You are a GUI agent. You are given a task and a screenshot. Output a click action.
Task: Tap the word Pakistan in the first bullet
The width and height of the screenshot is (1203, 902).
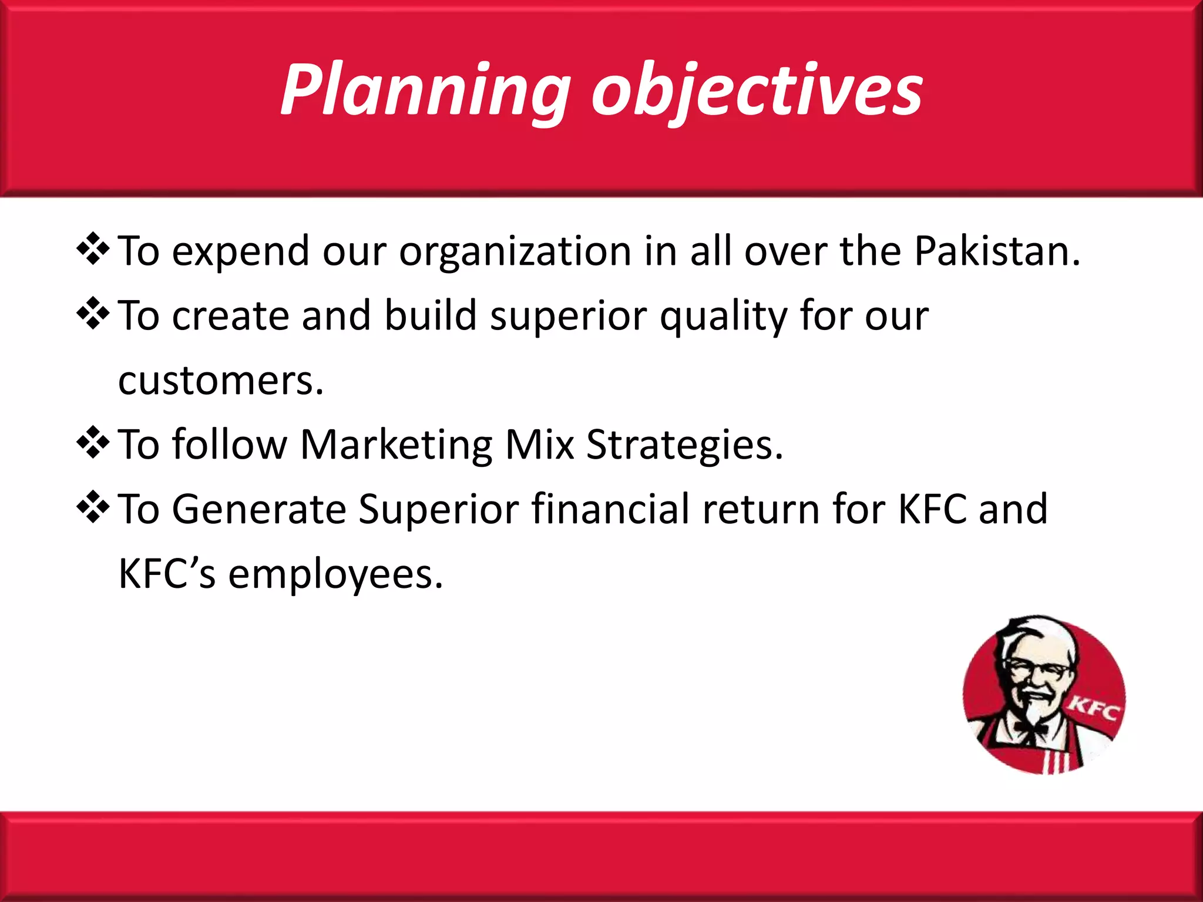[996, 251]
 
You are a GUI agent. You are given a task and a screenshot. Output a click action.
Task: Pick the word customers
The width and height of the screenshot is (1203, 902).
[220, 381]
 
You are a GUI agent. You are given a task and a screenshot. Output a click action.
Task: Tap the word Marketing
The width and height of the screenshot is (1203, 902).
[396, 445]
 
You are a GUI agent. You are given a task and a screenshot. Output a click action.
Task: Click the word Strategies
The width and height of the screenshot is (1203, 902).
[684, 445]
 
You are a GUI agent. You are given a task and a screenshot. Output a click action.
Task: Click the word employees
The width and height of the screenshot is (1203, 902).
[335, 574]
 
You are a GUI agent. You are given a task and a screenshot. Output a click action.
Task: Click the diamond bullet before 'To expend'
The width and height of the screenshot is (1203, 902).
[93, 249]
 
